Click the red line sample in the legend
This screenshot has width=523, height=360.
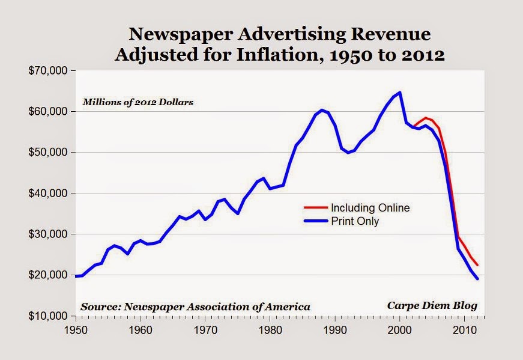tap(313, 208)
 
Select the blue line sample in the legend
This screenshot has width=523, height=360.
tap(313, 221)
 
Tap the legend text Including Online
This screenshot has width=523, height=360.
tap(370, 208)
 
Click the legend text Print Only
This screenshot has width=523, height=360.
tap(355, 221)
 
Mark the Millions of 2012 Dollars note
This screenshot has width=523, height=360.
tap(138, 102)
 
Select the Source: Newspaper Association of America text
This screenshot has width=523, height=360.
tap(196, 307)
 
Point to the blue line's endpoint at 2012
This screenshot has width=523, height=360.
tap(477, 279)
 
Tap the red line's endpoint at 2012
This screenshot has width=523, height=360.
tap(477, 265)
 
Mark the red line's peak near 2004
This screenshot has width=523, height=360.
tap(425, 118)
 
